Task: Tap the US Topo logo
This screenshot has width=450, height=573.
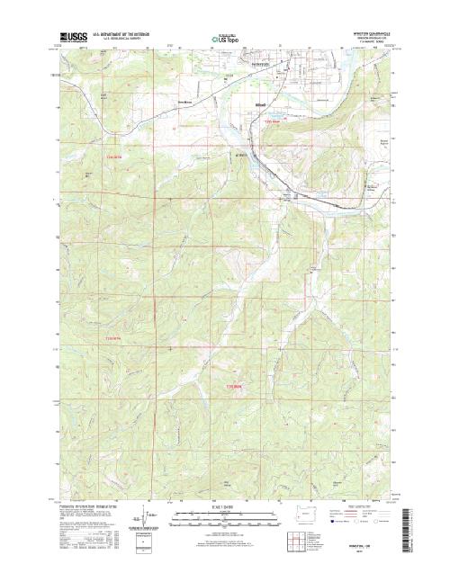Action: pyautogui.click(x=225, y=40)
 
